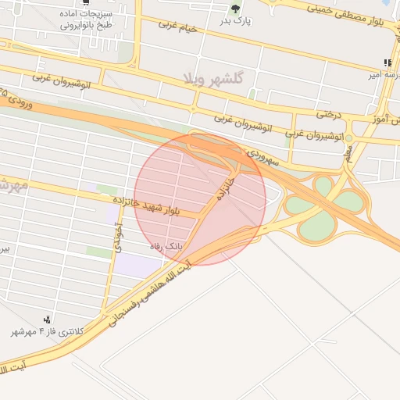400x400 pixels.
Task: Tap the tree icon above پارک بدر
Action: click(x=235, y=9)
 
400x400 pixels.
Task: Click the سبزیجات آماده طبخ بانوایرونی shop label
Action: click(x=87, y=19)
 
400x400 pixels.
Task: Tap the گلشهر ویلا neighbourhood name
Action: click(x=213, y=78)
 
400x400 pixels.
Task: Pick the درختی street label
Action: click(x=329, y=114)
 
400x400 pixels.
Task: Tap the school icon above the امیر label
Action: click(x=387, y=63)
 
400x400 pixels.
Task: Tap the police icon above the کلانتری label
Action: click(x=48, y=319)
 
